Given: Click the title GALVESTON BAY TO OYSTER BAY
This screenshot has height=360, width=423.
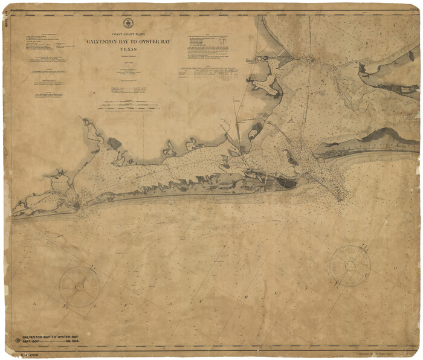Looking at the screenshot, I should (x=127, y=42).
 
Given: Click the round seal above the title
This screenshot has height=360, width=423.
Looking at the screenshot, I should (x=127, y=23).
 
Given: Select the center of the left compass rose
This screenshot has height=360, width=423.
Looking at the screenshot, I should (x=79, y=286).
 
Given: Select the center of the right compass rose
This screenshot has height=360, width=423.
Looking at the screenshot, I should (x=350, y=265).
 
